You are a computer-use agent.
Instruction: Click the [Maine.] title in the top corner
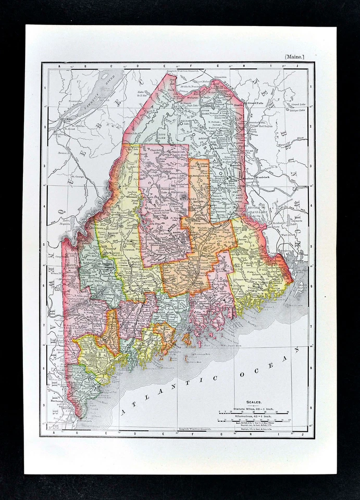point(294,56)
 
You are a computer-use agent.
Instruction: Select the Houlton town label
point(250,178)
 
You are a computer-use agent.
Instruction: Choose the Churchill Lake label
point(157,150)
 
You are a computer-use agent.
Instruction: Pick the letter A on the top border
point(59,67)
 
